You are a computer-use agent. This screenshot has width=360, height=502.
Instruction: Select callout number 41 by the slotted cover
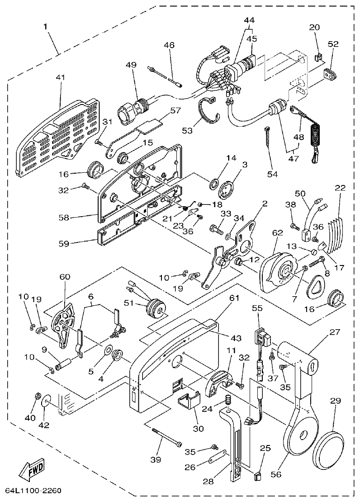pos(61,77)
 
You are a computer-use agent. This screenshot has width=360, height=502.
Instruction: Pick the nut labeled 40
pos(37,397)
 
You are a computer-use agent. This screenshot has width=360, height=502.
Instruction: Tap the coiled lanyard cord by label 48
pos(313,138)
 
